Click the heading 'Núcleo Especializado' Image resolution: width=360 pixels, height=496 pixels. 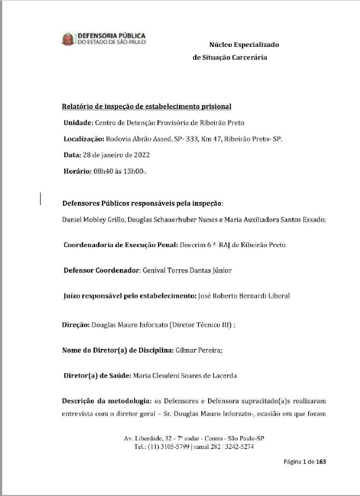(x=244, y=45)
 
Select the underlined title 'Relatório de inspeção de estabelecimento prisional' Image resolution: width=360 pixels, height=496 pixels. (x=146, y=106)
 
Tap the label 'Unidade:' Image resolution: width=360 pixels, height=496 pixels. (x=78, y=122)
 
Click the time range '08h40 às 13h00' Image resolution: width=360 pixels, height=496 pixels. (x=120, y=170)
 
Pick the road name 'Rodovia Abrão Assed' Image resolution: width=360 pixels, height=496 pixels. (x=140, y=138)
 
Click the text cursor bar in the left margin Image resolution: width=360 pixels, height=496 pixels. (x=41, y=198)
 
